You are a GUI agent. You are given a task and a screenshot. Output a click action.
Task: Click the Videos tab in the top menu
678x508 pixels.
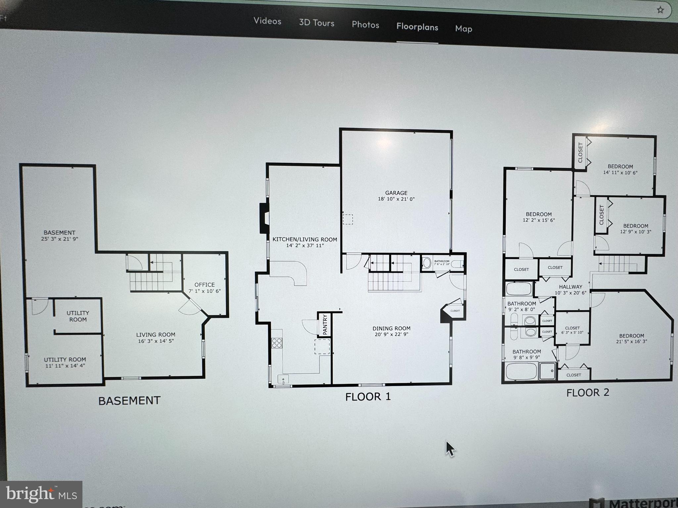[x=267, y=21]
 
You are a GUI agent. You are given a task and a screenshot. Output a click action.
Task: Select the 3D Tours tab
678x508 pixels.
[x=316, y=23]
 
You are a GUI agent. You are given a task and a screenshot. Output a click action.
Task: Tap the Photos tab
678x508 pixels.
[x=365, y=25]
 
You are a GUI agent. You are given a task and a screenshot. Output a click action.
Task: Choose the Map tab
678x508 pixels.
[x=463, y=29]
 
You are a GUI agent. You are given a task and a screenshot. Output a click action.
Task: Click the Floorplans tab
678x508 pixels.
[x=417, y=27]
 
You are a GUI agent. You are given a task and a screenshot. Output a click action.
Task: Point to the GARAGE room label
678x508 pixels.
[x=396, y=193]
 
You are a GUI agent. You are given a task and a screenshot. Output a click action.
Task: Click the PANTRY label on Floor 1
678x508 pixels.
[x=325, y=324]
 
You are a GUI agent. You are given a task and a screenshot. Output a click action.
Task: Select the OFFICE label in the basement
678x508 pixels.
[x=204, y=285]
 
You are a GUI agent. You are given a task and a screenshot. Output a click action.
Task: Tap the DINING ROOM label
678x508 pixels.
[x=391, y=329]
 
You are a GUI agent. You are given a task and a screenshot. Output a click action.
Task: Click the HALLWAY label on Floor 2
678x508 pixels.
[x=570, y=287]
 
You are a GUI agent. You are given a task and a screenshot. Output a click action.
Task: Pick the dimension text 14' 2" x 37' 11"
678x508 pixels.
[x=305, y=246]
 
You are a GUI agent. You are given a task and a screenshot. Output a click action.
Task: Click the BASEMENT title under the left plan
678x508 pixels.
[x=129, y=401]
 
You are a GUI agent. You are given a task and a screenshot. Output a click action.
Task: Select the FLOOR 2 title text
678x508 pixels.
[x=588, y=393]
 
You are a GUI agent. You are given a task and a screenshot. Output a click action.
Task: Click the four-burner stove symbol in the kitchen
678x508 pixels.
[x=277, y=343]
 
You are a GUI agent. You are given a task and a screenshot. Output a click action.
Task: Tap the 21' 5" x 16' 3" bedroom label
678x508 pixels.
[x=631, y=342]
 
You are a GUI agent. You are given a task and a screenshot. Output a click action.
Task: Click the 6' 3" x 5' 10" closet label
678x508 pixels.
[x=572, y=332]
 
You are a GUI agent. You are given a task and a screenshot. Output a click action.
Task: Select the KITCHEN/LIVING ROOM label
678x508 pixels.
[x=305, y=239]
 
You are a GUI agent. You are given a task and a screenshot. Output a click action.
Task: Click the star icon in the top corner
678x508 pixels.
[x=660, y=10]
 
